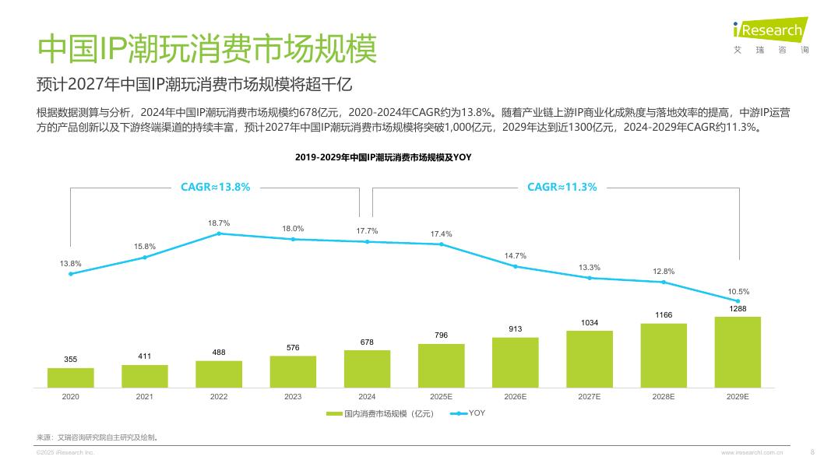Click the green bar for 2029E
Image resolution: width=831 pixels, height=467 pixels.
click(738, 352)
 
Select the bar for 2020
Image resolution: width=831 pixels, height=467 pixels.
click(70, 377)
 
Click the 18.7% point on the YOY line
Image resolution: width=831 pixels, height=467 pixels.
click(219, 233)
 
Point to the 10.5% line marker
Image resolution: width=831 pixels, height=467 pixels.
click(738, 301)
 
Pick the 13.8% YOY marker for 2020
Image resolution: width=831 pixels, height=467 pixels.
click(70, 273)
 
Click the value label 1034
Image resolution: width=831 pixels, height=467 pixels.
click(590, 322)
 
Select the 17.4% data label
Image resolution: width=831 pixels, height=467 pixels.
click(441, 234)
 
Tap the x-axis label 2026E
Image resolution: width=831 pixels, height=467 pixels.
click(515, 397)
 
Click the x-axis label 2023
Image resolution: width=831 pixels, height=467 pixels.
click(293, 397)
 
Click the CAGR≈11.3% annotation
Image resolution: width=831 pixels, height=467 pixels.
click(562, 187)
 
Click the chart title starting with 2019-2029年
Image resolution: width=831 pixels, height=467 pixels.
click(383, 157)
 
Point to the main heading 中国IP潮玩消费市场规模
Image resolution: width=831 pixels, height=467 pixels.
click(207, 48)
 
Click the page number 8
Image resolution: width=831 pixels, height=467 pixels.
click(812, 451)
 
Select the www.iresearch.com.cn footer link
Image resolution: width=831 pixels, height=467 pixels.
click(752, 452)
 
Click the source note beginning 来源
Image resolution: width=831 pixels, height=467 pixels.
click(97, 437)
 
